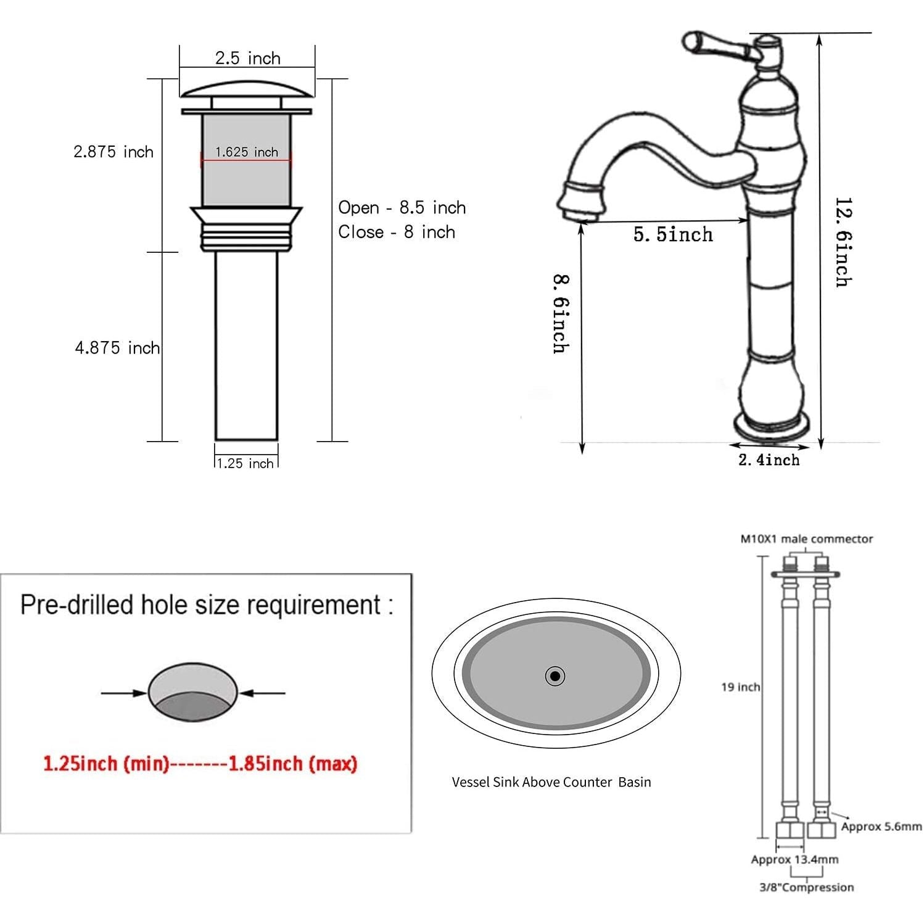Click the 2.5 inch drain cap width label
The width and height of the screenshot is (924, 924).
[x=247, y=58]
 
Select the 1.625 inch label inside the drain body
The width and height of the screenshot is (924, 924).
[x=247, y=152]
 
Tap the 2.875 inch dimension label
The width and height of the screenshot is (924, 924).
[x=113, y=152]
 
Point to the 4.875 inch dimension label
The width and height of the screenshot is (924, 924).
[x=117, y=348]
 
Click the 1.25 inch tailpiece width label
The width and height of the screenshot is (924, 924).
[x=245, y=463]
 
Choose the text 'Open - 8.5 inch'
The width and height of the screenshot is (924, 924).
[x=402, y=207]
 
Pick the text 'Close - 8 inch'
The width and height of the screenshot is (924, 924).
[x=397, y=232]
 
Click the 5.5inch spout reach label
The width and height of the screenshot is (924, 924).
[x=673, y=234]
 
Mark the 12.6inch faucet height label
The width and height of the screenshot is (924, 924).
[x=843, y=242]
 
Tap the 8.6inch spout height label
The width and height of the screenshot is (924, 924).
[x=561, y=314]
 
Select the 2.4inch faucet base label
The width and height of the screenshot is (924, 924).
[x=769, y=460]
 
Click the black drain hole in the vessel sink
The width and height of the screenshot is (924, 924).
[x=555, y=676]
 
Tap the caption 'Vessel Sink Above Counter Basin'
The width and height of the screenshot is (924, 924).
[x=551, y=782]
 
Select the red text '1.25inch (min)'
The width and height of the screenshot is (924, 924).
[x=106, y=764]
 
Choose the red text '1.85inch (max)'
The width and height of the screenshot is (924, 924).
[x=293, y=764]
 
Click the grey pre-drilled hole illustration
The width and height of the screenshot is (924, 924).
[x=193, y=692]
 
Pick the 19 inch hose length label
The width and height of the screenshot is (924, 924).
[x=741, y=687]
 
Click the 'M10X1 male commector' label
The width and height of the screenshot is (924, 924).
[x=807, y=538]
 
